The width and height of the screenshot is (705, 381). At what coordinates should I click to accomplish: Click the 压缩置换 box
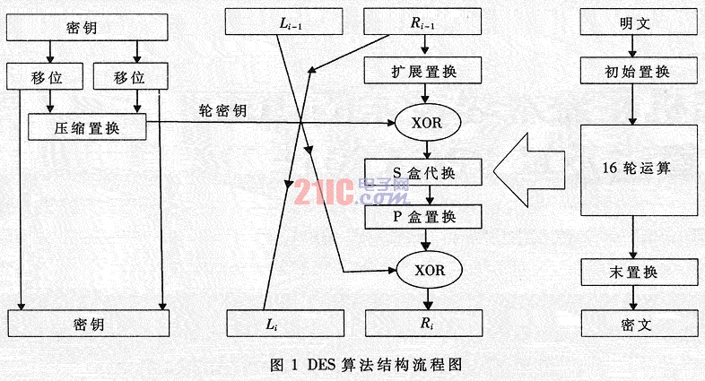point(87,127)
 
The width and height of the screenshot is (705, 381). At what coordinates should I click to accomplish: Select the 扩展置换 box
point(422,71)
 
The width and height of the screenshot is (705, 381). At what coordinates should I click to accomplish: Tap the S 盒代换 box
point(423,172)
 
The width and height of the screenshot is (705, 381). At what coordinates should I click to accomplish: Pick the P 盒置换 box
point(423,217)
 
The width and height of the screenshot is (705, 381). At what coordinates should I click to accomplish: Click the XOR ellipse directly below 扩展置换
point(428,123)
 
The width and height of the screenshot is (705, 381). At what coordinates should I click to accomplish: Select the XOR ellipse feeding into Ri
point(430,270)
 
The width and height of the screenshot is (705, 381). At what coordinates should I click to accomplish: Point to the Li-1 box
point(283,22)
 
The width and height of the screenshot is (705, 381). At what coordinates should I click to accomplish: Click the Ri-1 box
point(422,22)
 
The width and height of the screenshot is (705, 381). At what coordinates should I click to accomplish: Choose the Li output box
point(285,323)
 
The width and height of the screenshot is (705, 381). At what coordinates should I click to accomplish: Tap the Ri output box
point(424,323)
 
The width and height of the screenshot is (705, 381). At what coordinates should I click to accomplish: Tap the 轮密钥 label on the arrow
point(223,110)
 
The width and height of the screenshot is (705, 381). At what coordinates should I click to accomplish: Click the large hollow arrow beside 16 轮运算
point(529,170)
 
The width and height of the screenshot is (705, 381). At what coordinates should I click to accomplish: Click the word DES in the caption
point(321,364)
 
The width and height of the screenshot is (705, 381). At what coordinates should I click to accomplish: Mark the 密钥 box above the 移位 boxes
point(87,28)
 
